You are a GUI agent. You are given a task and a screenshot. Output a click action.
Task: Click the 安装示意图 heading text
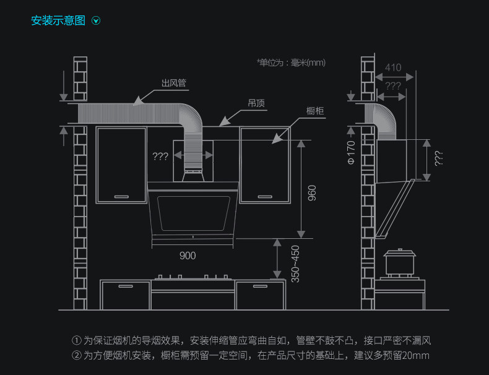click(58, 21)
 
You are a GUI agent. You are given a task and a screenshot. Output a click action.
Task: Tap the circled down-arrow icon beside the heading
click(96, 21)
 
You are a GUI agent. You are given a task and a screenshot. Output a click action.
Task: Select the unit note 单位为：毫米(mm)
click(291, 62)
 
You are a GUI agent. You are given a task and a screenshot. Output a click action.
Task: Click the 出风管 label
click(174, 83)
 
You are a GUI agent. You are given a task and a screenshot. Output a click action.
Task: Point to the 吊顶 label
click(256, 103)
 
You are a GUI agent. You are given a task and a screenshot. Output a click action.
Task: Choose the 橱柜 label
click(316, 111)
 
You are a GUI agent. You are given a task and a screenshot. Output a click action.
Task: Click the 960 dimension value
click(312, 192)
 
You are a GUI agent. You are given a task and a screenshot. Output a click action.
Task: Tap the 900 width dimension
click(188, 256)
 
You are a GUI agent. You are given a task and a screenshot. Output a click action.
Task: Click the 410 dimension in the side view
click(393, 67)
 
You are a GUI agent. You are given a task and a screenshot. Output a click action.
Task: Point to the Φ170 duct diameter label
click(350, 152)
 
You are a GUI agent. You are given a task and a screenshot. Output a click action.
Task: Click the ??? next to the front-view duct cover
click(160, 157)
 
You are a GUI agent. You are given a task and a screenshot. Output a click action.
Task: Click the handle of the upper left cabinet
click(121, 197)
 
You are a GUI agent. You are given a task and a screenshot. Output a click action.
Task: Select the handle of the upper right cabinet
click(264, 196)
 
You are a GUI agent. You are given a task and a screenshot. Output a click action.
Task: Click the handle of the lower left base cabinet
click(126, 287)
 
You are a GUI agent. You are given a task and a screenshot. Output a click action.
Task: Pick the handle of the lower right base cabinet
click(260, 287)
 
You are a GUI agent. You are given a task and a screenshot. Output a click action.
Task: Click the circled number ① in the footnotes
click(77, 340)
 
